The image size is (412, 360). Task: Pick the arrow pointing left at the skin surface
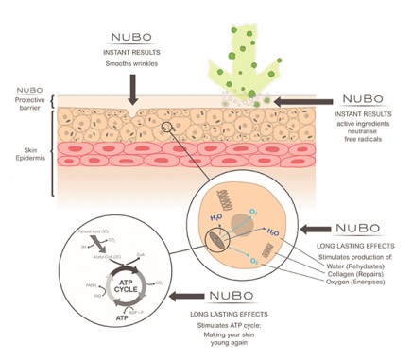(305, 98)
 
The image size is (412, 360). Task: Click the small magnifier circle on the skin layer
(167, 128)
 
